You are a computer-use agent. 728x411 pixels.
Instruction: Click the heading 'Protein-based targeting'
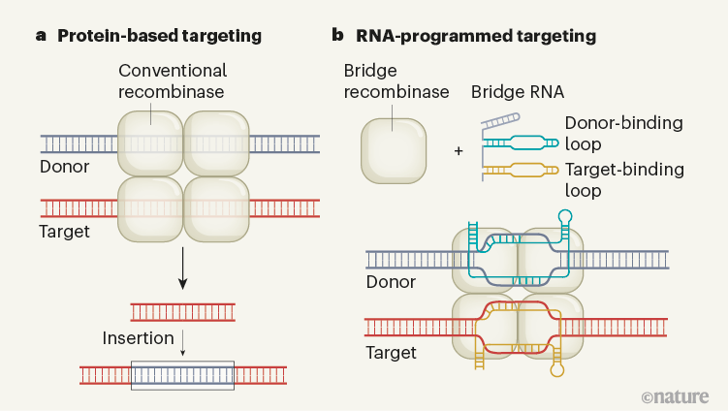[x=160, y=37]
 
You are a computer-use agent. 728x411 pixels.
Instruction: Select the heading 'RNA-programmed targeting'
[x=475, y=37]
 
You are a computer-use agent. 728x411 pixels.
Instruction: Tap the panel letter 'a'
[x=42, y=37]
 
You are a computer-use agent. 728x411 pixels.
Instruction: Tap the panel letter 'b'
[x=337, y=37]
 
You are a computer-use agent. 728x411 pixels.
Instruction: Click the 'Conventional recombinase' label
[x=173, y=81]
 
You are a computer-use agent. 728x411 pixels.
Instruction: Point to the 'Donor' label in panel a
[x=65, y=167]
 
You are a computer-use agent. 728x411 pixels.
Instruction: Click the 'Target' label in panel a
[x=65, y=231]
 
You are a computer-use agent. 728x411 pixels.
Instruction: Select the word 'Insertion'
[x=139, y=338]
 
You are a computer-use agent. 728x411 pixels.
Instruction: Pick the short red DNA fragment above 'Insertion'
[x=183, y=311]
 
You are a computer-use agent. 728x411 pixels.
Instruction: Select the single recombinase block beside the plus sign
[x=393, y=150]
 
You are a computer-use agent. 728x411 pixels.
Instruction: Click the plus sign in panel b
[x=459, y=151]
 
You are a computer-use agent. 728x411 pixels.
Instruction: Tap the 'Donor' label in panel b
[x=391, y=282]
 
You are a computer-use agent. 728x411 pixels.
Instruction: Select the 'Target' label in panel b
[x=391, y=352]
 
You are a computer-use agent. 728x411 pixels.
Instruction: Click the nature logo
[x=675, y=395]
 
